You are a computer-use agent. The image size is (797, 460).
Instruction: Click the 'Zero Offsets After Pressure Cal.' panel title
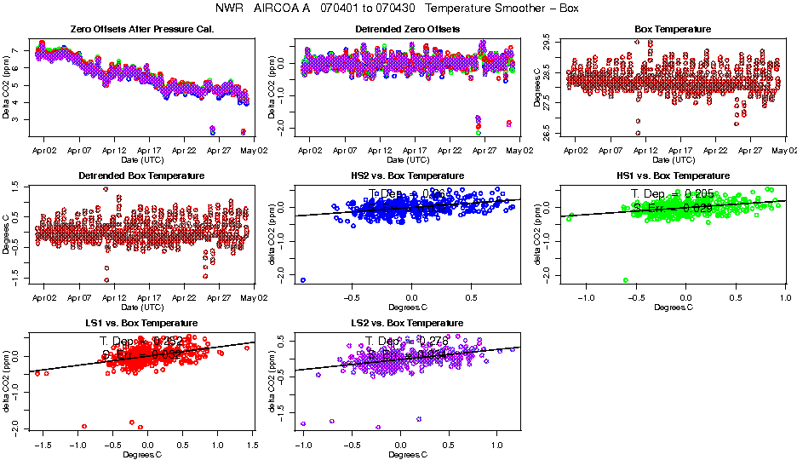(x=141, y=29)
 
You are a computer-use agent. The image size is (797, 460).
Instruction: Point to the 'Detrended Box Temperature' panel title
(x=141, y=175)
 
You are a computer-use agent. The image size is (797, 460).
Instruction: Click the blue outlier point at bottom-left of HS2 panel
(x=303, y=280)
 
